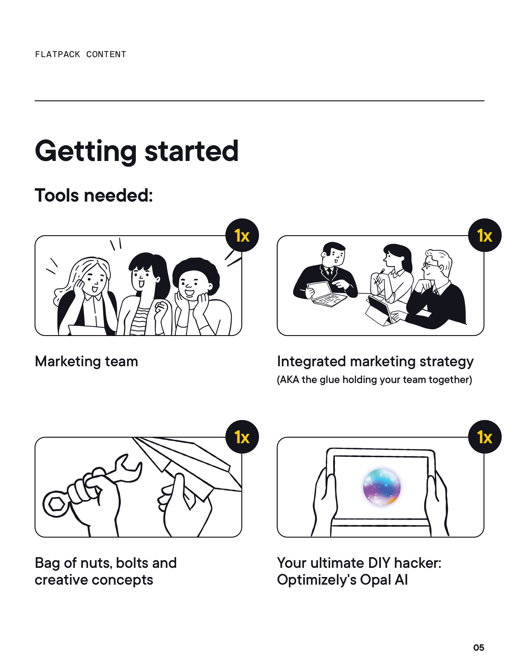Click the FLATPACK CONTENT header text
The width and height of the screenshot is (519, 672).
(81, 54)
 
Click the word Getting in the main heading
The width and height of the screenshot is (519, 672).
(86, 152)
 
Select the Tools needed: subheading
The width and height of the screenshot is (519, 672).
(94, 195)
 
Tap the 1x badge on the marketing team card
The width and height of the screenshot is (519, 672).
(242, 236)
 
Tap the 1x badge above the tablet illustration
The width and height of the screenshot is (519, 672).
(485, 437)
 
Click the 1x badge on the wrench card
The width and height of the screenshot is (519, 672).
(242, 437)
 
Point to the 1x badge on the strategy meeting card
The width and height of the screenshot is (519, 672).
(485, 236)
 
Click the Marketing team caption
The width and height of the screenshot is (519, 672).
(86, 362)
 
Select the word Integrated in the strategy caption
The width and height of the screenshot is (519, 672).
(311, 362)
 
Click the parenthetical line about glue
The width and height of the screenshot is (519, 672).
(375, 380)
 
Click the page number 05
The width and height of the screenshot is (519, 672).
(479, 648)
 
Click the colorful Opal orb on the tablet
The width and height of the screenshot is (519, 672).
(382, 487)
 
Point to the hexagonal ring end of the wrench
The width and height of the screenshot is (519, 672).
(56, 504)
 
